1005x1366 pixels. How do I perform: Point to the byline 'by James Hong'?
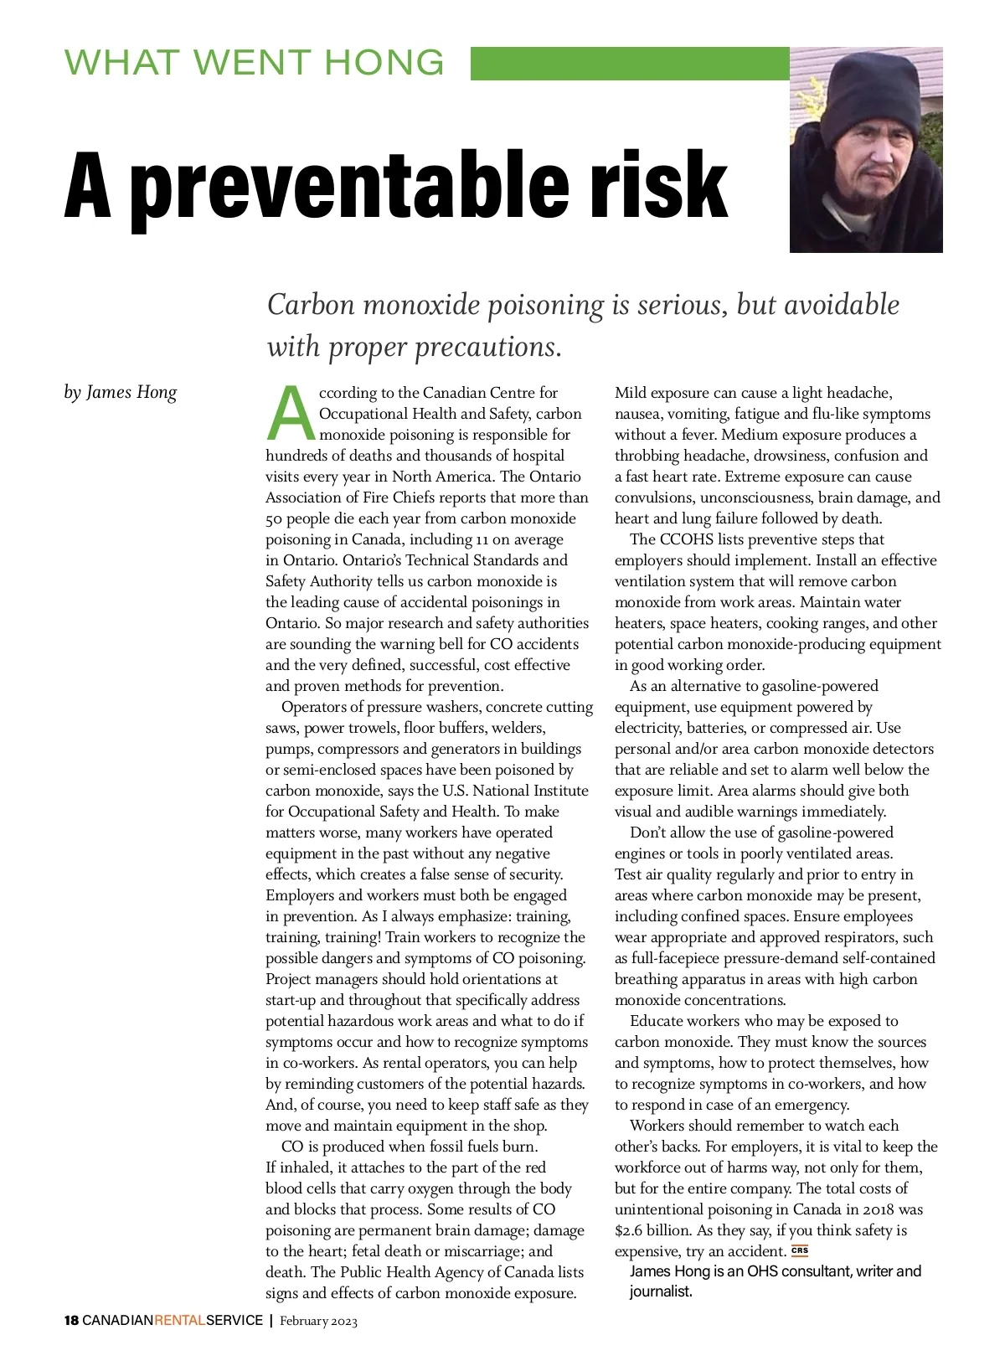[121, 392]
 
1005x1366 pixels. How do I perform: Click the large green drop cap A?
[290, 413]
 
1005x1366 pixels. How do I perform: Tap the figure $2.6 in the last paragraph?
[628, 1230]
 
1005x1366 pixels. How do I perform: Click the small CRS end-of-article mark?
[800, 1250]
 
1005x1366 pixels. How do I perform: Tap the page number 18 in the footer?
[71, 1321]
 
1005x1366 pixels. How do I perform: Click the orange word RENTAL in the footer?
[180, 1321]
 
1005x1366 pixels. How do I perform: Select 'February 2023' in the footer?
[318, 1322]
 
